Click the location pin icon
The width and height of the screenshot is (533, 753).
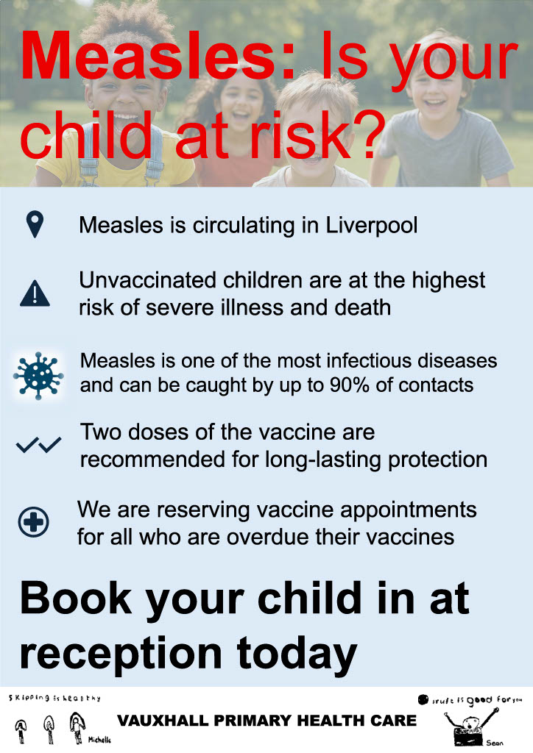click(x=35, y=224)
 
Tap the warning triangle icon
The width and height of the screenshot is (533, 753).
click(x=35, y=293)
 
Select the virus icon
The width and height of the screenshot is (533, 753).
click(x=38, y=376)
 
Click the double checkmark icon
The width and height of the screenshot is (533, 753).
click(x=38, y=445)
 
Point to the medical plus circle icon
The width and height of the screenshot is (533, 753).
click(x=34, y=521)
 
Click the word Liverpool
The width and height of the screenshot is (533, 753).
click(x=372, y=226)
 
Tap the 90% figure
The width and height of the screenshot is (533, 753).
click(x=350, y=385)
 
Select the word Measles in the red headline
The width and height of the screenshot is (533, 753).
click(x=157, y=59)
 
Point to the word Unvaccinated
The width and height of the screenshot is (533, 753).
click(x=147, y=280)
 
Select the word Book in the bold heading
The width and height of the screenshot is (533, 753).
click(x=76, y=599)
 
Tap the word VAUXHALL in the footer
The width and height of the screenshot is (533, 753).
click(x=163, y=721)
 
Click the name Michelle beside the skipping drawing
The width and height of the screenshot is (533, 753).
click(x=99, y=740)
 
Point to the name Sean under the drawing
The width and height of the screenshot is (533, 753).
click(x=495, y=743)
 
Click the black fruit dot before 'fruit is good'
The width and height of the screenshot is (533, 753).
click(x=423, y=700)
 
